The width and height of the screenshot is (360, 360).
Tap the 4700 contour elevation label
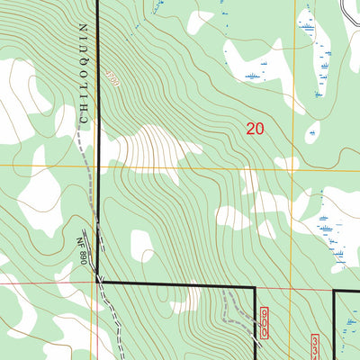[x=111, y=79]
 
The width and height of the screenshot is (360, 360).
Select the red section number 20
[x=255, y=129]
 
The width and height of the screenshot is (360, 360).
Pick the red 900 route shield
[x=265, y=321]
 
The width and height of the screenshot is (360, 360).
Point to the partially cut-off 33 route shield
[x=315, y=346]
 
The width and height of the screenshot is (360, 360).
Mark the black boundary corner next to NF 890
[x=98, y=280]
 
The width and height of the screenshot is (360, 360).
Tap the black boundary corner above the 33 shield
[x=335, y=291]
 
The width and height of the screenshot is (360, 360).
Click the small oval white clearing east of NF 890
[x=141, y=245]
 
